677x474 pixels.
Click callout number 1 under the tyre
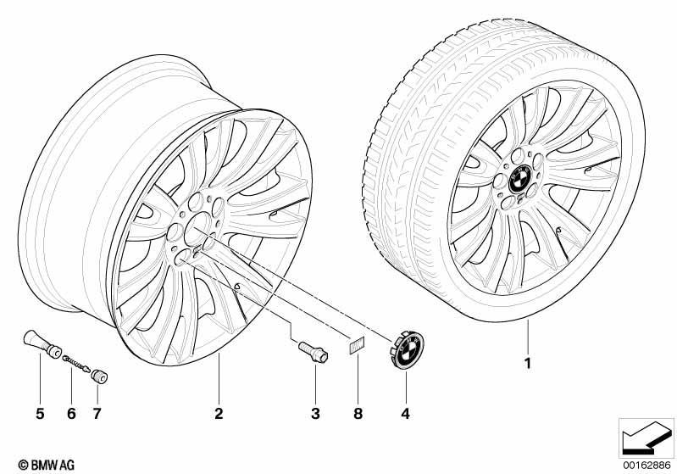point(527,364)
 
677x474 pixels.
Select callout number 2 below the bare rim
point(219,414)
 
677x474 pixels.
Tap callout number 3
point(315,414)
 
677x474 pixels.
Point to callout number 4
point(405,414)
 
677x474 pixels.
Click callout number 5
point(40,414)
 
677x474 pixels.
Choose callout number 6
point(71,414)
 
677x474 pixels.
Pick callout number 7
point(97,414)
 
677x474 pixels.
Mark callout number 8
point(358,414)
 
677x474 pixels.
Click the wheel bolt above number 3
point(314,351)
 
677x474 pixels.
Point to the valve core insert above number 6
point(77,363)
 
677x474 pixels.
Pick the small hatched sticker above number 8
point(356,345)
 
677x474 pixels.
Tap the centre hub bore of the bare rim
point(197,229)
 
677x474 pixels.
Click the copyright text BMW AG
point(47,465)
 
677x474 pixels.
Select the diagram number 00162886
point(646,465)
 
